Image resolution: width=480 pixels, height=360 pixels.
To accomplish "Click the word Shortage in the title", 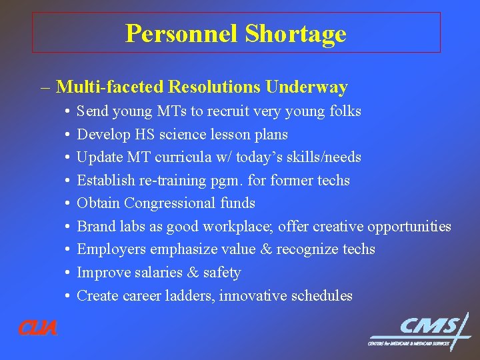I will coord(295,33).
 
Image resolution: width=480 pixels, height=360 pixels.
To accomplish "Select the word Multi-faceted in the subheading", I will coord(110,87).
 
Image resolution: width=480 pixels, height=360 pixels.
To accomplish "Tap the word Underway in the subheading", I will coord(307,87).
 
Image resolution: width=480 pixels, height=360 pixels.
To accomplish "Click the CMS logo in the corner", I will coord(420,331).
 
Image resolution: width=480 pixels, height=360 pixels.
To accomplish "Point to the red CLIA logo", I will coord(37,328).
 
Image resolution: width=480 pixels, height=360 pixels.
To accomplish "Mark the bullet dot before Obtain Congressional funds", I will coord(68,204).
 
